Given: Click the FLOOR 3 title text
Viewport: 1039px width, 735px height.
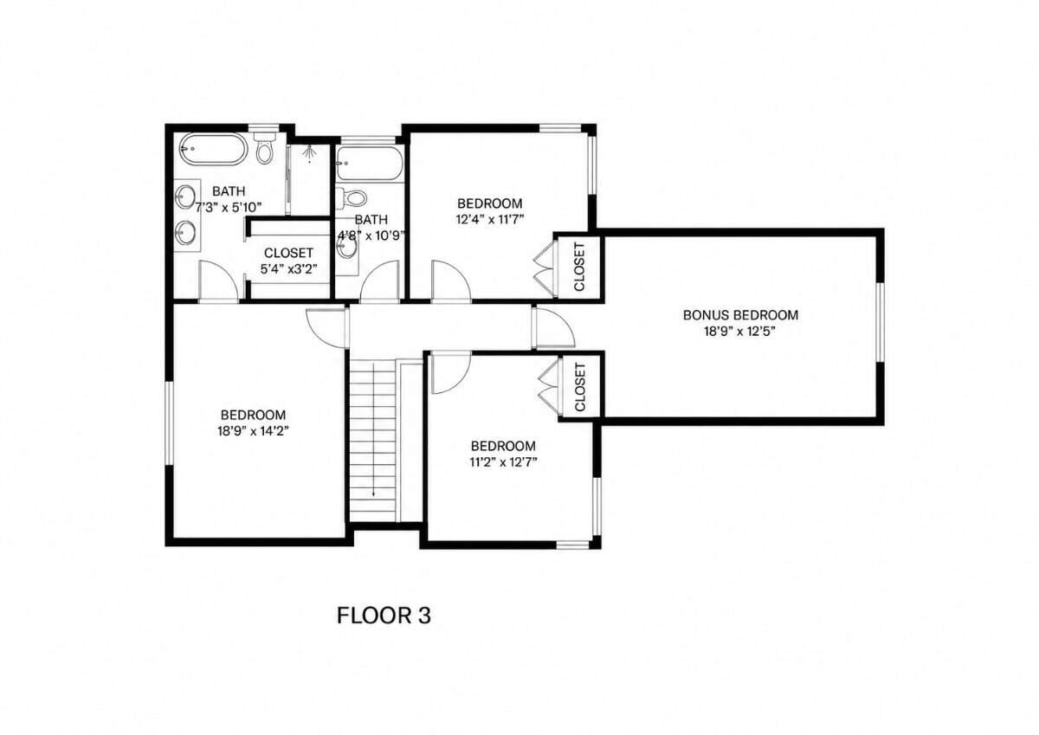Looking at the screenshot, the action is tap(384, 616).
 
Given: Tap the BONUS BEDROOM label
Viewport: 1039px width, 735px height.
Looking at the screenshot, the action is tap(740, 315).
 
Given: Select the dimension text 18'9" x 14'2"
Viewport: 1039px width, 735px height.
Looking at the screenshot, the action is tap(253, 431).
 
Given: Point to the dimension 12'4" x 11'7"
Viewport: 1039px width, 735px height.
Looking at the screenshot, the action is tap(490, 219).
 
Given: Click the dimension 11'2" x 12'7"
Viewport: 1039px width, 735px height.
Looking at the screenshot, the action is tap(503, 462).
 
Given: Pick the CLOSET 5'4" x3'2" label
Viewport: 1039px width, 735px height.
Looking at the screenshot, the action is tap(288, 261).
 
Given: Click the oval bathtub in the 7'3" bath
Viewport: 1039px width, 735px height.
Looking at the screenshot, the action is tap(213, 149).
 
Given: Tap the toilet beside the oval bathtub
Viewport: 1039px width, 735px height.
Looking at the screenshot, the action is tap(264, 146).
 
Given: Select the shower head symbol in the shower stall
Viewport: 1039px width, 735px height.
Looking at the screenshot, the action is tap(309, 153).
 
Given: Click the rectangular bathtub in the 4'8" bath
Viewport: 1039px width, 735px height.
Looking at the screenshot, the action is tap(370, 164).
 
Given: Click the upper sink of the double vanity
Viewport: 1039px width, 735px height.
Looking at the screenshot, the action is tap(185, 197).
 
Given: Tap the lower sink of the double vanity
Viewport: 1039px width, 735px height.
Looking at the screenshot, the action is tap(185, 233).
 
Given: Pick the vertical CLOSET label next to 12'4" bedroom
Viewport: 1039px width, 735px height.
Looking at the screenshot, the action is tap(579, 268).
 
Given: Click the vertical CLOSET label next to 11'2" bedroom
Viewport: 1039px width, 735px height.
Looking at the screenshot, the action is tap(580, 387).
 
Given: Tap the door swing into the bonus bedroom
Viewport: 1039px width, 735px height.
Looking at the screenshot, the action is tap(554, 327).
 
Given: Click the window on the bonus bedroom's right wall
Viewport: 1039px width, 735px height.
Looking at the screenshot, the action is tap(880, 322).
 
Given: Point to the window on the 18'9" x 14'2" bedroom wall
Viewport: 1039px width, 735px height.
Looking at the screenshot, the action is tap(170, 424).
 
